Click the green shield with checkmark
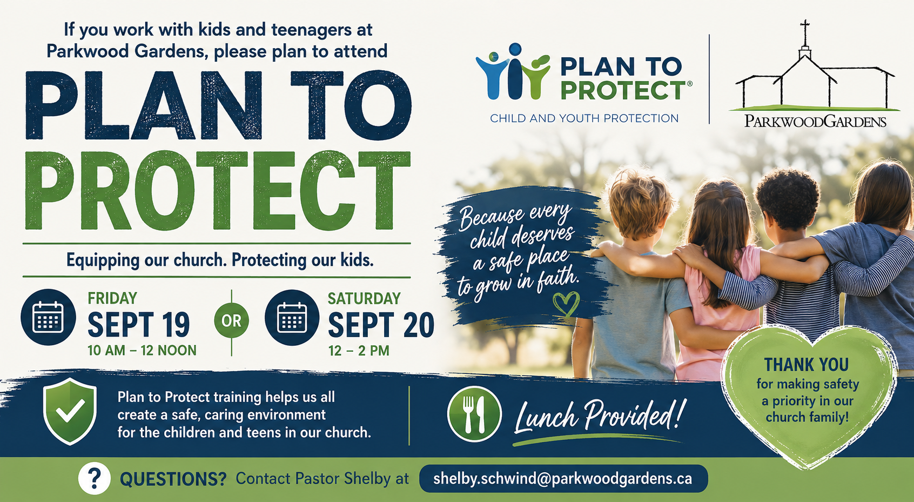pos(70,411)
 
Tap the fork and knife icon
pos(474,414)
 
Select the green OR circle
pos(231,321)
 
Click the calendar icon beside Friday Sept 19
pos(48,317)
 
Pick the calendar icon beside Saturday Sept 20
pos(292,318)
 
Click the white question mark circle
pos(94,478)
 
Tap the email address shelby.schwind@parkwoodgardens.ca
pos(563,478)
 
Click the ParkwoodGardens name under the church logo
pos(815,121)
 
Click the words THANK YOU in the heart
pos(807,364)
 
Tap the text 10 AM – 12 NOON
pos(142,350)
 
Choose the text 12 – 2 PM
pos(359,351)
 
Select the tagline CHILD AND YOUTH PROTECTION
pos(584,118)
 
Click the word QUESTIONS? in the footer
pos(173,479)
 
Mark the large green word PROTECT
pos(218,191)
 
